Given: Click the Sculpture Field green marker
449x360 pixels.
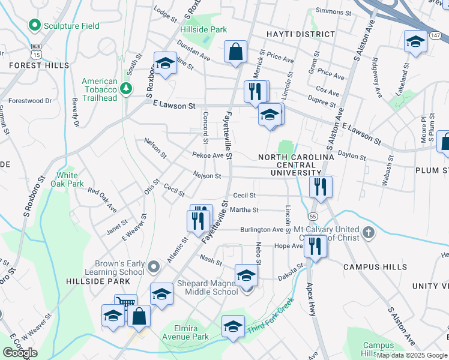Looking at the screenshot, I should [34, 25].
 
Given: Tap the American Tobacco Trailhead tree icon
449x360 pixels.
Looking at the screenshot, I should [126, 89].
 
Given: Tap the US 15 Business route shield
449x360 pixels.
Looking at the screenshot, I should [37, 51].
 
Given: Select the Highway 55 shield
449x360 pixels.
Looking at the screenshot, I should [313, 215].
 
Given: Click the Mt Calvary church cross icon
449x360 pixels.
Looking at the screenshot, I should [368, 230].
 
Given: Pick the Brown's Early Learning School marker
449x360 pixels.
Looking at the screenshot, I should [154, 266].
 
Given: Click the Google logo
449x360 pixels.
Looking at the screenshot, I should [20, 353].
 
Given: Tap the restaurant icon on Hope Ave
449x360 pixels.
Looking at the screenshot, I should [315, 245].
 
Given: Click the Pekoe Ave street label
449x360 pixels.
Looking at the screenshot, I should [208, 155].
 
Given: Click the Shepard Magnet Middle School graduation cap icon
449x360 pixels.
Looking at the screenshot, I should [246, 275].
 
